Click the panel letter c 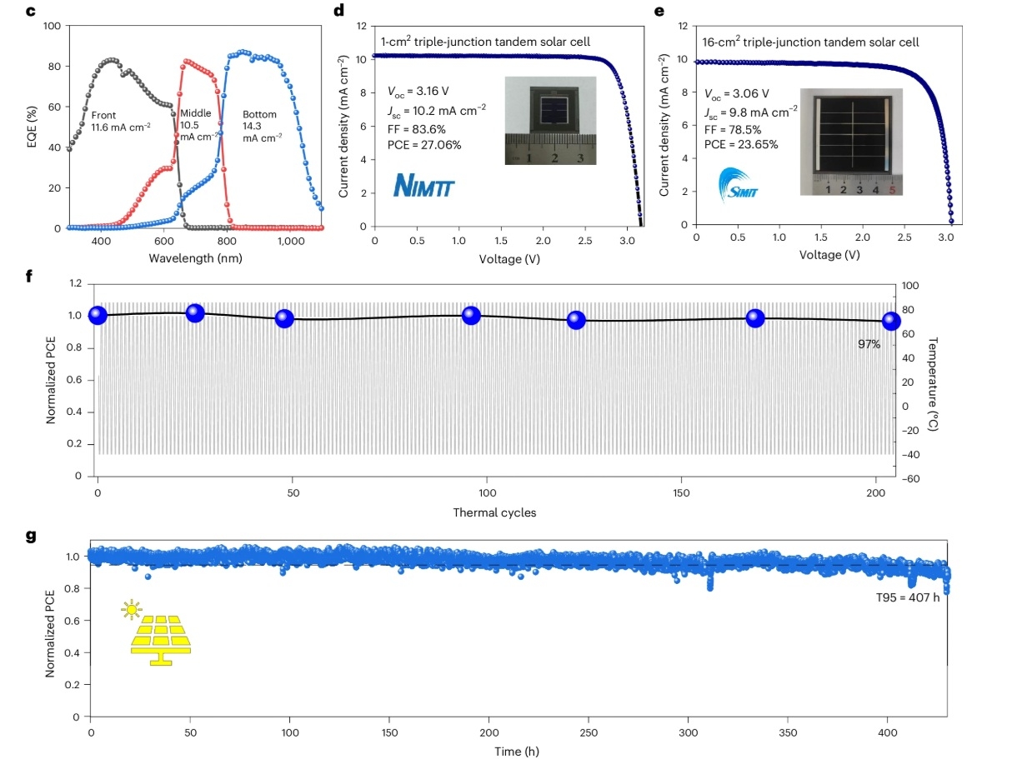point(33,11)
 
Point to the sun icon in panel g point(131,610)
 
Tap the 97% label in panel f point(869,343)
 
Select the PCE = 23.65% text point(742,143)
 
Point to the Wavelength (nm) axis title point(195,258)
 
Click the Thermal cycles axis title point(495,512)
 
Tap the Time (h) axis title point(518,751)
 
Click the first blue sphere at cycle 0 point(98,315)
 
